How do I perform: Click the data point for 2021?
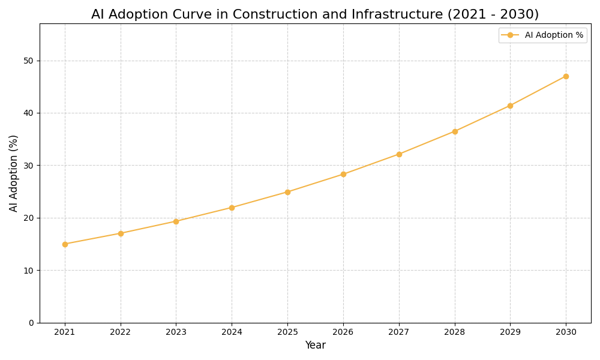pyautogui.click(x=65, y=244)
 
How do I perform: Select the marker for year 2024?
pyautogui.click(x=232, y=208)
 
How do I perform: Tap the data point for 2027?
pyautogui.click(x=399, y=154)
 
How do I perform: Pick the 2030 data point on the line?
pyautogui.click(x=566, y=76)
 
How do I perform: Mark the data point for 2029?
pyautogui.click(x=510, y=106)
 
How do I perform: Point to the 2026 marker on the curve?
pyautogui.click(x=343, y=174)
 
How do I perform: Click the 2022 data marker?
pyautogui.click(x=121, y=233)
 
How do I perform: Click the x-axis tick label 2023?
pyautogui.click(x=176, y=332)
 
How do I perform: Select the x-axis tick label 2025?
pyautogui.click(x=287, y=332)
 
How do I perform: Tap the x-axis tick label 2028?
pyautogui.click(x=455, y=332)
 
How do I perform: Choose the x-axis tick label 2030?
pyautogui.click(x=566, y=332)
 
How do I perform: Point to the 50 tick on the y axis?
pyautogui.click(x=28, y=61)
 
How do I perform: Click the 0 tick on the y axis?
pyautogui.click(x=32, y=323)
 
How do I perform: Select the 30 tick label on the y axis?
pyautogui.click(x=28, y=166)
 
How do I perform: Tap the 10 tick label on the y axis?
pyautogui.click(x=28, y=271)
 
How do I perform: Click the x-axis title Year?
pyautogui.click(x=315, y=346)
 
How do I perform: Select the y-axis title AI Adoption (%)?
pyautogui.click(x=14, y=173)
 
